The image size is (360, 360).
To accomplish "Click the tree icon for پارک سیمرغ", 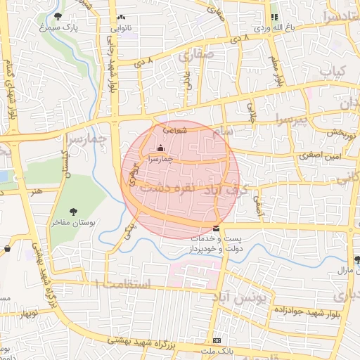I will pyautogui.click(x=57, y=17).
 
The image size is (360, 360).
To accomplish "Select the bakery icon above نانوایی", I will pyautogui.click(x=121, y=17).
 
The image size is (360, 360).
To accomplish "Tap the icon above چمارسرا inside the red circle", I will pyautogui.click(x=161, y=148).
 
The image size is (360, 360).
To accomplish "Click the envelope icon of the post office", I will pyautogui.click(x=215, y=229).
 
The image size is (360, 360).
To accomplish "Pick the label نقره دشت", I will pyautogui.click(x=162, y=188).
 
